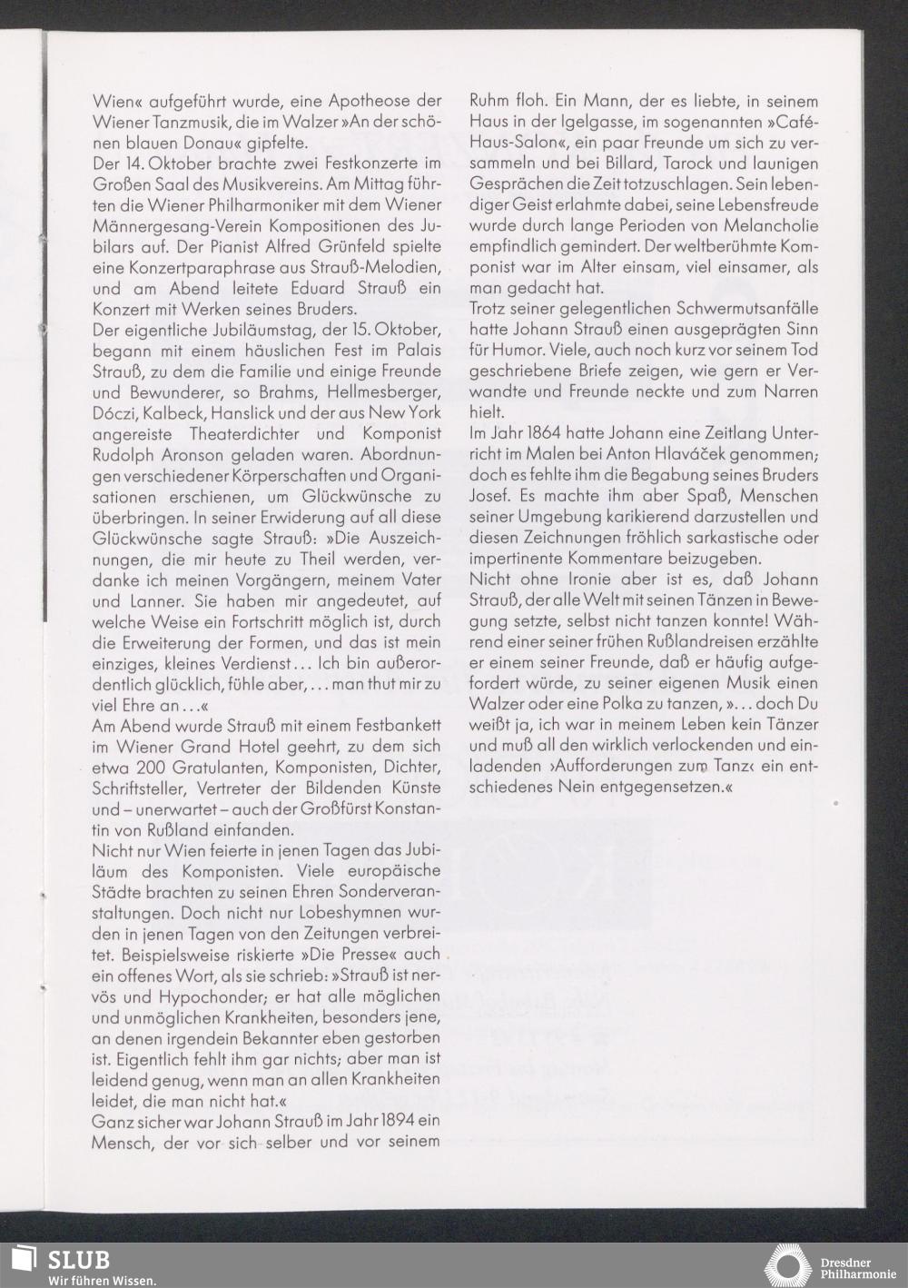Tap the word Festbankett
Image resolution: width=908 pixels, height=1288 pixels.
(392, 725)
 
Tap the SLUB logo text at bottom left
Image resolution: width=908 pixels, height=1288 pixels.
(78, 1260)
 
